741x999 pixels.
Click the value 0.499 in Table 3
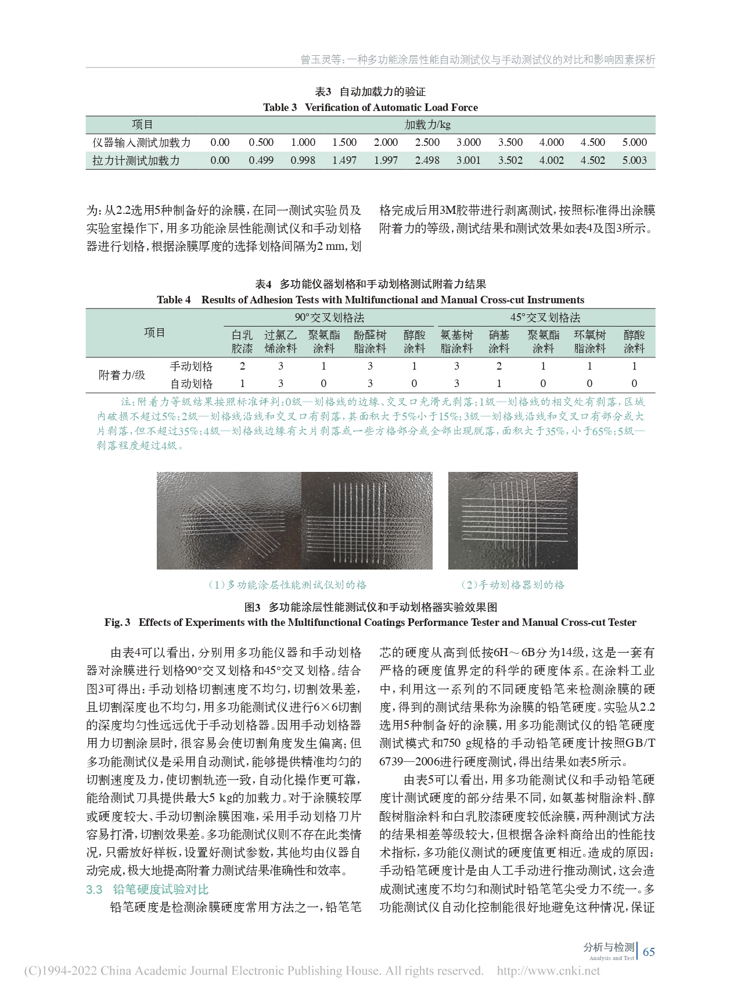261,160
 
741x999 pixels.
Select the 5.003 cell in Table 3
634,160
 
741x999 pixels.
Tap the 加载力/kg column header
427,125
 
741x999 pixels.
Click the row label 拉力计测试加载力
136,160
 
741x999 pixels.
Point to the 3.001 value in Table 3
468,160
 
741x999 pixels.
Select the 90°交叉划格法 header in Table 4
329,317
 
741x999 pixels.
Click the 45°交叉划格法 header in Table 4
545,317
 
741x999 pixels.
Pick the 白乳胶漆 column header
242,342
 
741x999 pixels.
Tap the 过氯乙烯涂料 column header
280,342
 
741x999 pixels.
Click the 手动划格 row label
191,366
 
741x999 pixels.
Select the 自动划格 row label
191,384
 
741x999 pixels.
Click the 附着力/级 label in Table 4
122,375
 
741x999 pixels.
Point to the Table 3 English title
370,108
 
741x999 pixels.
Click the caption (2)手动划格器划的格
513,585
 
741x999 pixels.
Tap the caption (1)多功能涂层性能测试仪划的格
287,585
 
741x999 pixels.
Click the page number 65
648,951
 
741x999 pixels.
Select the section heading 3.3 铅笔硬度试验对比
147,889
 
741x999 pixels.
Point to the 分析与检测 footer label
609,947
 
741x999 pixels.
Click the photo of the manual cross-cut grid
513,521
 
